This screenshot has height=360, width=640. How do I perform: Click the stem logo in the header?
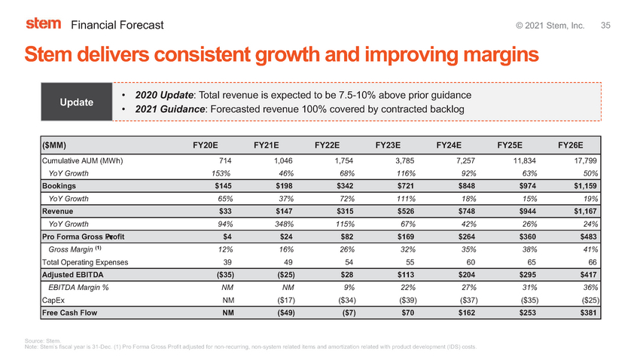43,23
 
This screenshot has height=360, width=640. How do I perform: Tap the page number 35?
605,26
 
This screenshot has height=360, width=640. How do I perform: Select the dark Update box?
76,102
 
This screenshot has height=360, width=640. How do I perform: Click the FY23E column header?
388,145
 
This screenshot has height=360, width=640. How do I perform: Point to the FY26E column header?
570,145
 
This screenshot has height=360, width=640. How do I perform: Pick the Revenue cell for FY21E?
284,211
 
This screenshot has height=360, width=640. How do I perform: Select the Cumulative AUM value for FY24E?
465,161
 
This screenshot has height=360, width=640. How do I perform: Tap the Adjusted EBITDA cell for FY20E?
225,275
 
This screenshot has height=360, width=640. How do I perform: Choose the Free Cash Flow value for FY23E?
407,313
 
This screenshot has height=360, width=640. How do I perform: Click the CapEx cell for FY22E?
347,300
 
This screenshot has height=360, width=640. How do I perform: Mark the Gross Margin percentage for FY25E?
529,249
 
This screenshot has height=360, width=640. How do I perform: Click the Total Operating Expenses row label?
85,262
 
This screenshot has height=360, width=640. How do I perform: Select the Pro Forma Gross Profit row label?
84,236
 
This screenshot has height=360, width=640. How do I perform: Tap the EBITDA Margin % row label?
78,288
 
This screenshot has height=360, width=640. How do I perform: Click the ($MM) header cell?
54,145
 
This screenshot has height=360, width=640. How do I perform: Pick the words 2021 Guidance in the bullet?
170,109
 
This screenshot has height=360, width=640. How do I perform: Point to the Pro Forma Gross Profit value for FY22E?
347,236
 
